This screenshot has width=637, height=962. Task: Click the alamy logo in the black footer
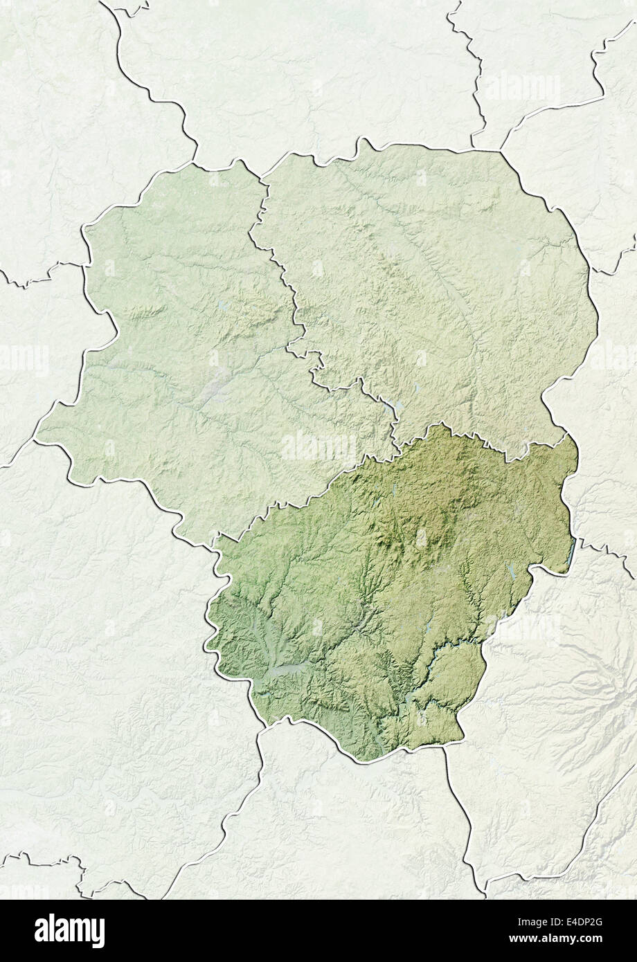tap(69, 930)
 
